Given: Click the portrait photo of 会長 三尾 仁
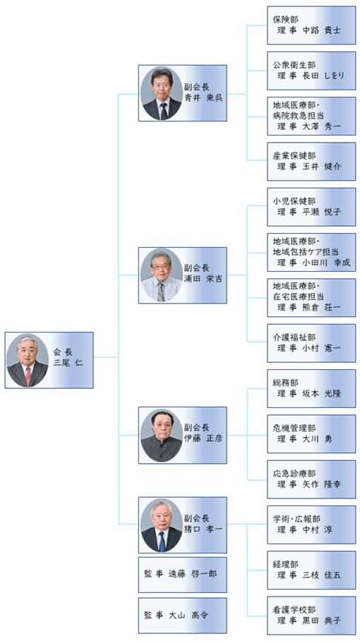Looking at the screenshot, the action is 28,360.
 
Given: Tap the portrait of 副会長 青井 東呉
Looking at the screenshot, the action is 162,93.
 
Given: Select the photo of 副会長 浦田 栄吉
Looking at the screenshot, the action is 162,275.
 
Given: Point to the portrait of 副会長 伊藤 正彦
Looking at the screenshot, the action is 162,436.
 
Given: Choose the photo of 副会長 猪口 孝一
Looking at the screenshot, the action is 162,525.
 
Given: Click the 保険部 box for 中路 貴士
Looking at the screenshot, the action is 311,25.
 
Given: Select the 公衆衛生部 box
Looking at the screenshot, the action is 311,71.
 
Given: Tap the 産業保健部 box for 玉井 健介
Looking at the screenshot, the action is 311,162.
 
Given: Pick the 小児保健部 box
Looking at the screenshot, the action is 311,207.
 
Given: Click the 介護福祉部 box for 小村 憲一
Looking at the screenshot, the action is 311,343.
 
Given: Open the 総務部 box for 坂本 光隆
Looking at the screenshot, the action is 311,388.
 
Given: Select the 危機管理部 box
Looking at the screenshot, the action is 311,433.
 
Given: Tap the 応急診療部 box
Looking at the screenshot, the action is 311,479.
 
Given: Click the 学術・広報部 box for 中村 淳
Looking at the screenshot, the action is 311,525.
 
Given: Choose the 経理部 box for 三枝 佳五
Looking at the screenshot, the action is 311,570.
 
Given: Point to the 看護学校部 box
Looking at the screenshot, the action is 311,616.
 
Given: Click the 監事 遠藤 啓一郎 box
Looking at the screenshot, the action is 183,575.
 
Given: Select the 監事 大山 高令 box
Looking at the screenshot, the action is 183,616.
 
